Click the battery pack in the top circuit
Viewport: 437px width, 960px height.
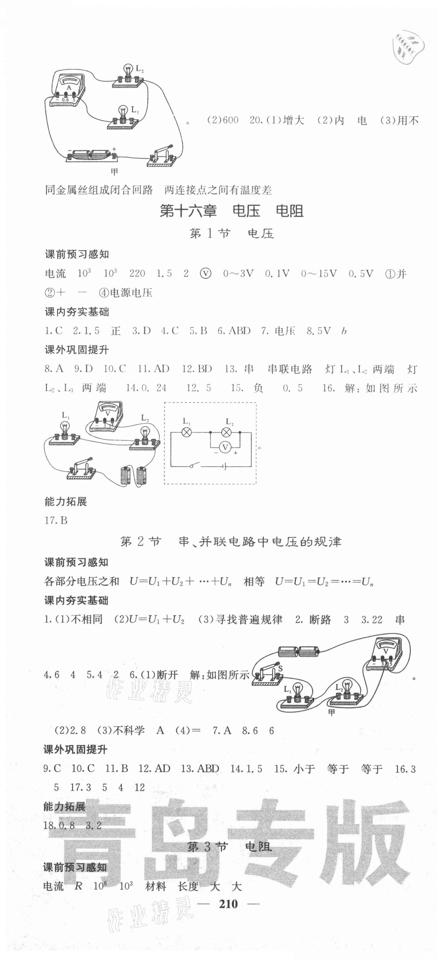91,154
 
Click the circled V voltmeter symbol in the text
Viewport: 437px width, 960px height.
205,274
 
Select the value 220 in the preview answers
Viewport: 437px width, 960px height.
137,274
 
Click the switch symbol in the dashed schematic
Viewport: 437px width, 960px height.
194,465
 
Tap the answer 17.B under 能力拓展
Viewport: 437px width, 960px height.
56,520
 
